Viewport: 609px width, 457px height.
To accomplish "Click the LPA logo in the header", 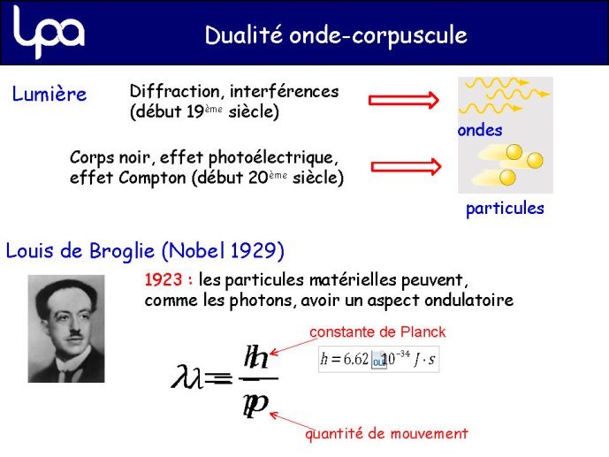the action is (x=49, y=32).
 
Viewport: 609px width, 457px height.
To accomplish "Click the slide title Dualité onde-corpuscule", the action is (x=336, y=35).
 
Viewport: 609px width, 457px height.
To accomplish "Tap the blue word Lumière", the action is (x=49, y=94).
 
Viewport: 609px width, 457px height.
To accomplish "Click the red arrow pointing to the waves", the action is (x=404, y=100).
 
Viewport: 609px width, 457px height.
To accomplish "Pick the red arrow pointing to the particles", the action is (x=407, y=167).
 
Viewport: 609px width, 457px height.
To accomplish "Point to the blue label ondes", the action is (x=480, y=131).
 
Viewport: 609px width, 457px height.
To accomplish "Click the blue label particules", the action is (x=505, y=209).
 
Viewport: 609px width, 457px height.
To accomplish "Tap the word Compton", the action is (x=152, y=179).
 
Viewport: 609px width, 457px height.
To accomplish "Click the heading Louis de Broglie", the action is (x=80, y=250).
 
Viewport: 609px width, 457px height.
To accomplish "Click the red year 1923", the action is (x=164, y=279).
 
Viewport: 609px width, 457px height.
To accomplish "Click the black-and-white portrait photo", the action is (x=66, y=329).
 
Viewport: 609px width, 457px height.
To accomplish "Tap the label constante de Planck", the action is (x=377, y=332).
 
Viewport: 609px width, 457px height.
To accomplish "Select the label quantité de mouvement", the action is (x=387, y=433).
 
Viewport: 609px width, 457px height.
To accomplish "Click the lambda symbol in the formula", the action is (x=187, y=377).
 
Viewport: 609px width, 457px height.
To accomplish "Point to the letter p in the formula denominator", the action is (x=255, y=406).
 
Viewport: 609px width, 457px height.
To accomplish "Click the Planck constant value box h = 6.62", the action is (x=378, y=359).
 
